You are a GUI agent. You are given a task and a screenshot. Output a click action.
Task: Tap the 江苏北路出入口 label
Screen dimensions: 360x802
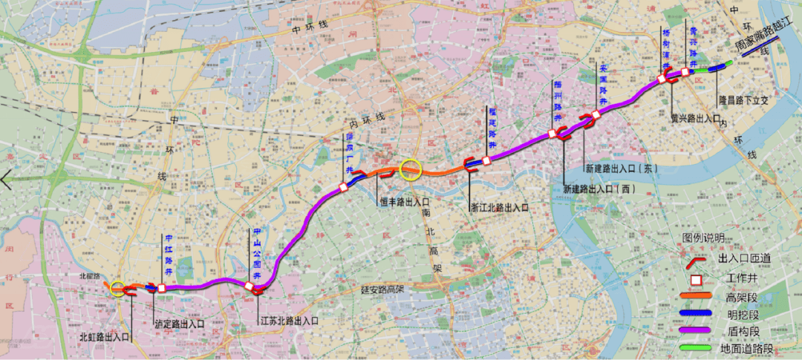click(289, 321)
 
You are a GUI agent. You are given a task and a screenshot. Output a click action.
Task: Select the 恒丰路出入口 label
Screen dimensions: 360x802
click(405, 201)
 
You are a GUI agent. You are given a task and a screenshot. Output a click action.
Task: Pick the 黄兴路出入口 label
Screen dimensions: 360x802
click(695, 117)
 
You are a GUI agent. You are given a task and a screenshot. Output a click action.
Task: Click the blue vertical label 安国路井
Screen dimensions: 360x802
click(603, 86)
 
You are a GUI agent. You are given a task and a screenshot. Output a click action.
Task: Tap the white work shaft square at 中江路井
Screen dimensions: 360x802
click(161, 288)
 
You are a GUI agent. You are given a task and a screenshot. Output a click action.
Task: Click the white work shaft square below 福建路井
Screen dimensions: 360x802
click(486, 160)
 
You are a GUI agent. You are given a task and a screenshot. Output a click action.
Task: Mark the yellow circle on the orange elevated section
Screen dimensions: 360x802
click(410, 170)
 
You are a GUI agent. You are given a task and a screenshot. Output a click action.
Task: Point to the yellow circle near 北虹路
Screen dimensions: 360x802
click(117, 288)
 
